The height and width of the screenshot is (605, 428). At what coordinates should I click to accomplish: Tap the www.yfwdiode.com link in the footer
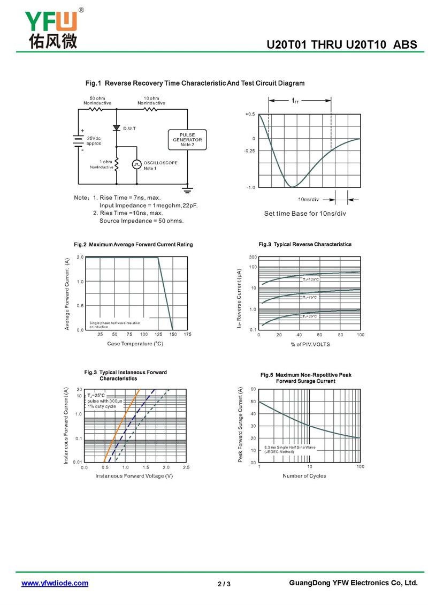[x=55, y=583]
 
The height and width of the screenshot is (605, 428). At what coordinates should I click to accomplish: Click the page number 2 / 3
[x=224, y=584]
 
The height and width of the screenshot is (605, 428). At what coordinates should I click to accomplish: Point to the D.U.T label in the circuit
[x=129, y=128]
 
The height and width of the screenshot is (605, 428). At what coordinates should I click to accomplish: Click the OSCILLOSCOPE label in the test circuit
[x=160, y=163]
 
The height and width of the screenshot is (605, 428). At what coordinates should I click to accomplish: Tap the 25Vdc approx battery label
[x=94, y=141]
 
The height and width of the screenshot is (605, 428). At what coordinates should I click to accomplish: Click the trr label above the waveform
[x=295, y=100]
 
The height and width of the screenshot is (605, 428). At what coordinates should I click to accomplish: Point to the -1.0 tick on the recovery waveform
[x=250, y=187]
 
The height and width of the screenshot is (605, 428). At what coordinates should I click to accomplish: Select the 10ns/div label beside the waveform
[x=309, y=200]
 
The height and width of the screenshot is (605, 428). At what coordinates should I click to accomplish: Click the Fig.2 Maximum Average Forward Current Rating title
[x=133, y=245]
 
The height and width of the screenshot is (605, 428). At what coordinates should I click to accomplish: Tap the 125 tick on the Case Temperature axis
[x=158, y=335]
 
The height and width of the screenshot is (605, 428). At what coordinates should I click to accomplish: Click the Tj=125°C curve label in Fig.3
[x=310, y=279]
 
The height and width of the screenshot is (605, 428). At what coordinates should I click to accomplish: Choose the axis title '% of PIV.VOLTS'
[x=310, y=344]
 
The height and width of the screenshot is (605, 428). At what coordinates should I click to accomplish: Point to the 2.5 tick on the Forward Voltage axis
[x=186, y=467]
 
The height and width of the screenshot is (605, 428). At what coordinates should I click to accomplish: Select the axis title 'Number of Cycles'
[x=304, y=476]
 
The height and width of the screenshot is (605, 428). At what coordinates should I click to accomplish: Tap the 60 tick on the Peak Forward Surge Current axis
[x=254, y=389]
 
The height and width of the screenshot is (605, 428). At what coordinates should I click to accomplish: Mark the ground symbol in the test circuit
[x=187, y=189]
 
